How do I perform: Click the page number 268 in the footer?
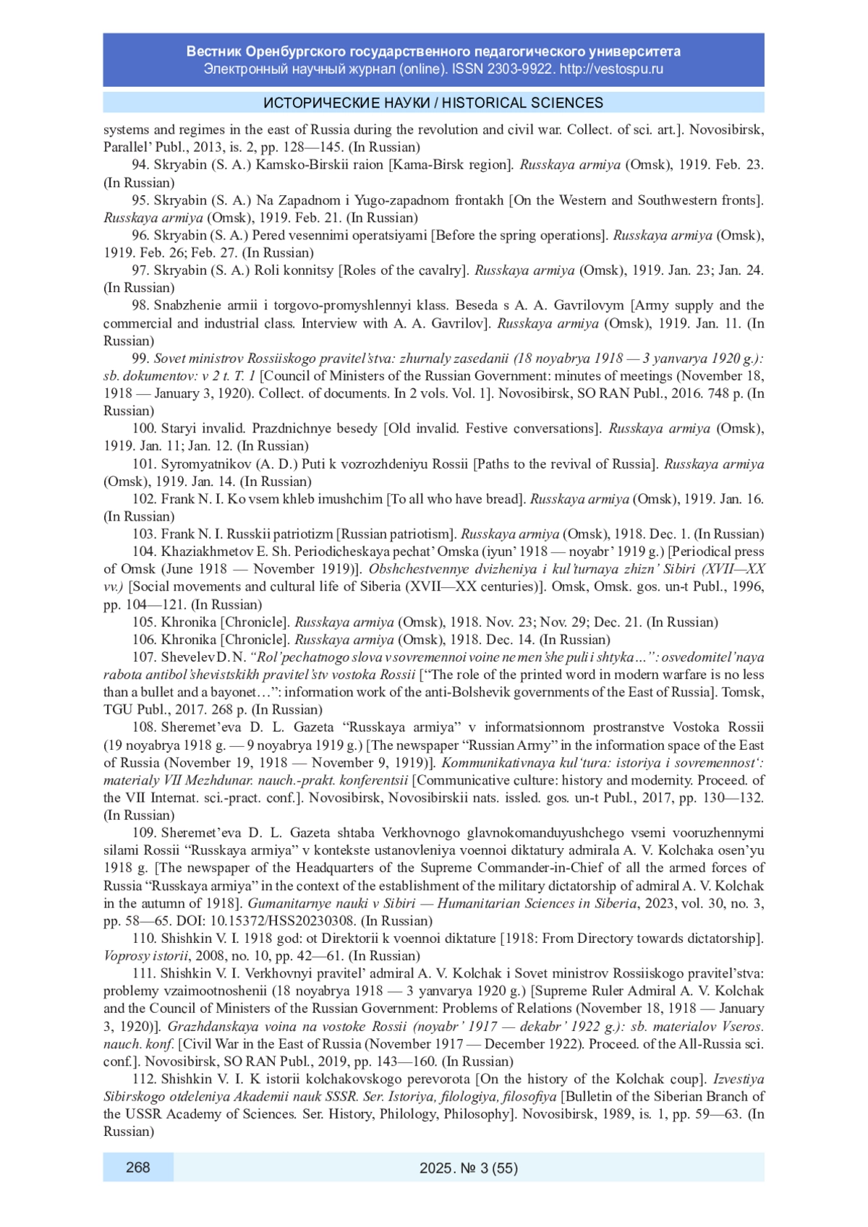point(137,1167)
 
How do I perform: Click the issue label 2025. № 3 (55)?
point(468,1168)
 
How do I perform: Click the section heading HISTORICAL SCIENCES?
point(522,103)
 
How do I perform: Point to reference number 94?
point(140,165)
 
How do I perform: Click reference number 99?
point(140,359)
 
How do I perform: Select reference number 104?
point(144,552)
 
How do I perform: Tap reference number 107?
point(144,657)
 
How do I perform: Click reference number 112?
point(144,1079)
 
